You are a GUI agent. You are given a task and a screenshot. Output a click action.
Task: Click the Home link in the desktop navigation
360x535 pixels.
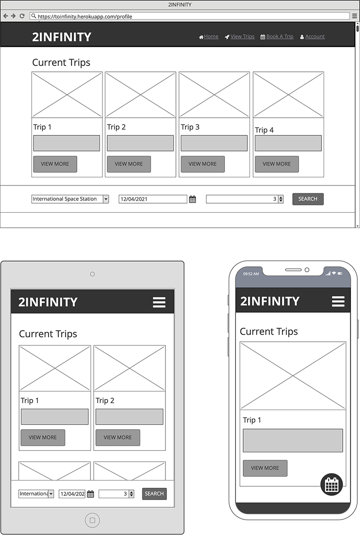click(209, 37)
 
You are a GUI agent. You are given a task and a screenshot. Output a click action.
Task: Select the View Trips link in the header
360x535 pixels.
click(240, 37)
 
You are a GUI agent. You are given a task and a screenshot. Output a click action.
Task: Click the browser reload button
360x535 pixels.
click(22, 16)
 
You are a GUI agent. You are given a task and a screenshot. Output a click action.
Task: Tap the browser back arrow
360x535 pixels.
click(5, 16)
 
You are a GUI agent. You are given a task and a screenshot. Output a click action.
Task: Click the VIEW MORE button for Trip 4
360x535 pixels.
click(276, 164)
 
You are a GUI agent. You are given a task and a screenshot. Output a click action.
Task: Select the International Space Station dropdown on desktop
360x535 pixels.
click(70, 199)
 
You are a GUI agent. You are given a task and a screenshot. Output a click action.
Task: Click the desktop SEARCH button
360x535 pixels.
click(308, 199)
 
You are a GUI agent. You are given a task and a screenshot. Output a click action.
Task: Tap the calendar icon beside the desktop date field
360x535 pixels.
click(192, 199)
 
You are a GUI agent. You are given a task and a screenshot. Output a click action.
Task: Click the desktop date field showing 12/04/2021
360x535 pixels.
click(153, 199)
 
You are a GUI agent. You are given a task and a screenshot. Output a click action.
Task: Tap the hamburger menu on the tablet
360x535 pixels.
click(159, 302)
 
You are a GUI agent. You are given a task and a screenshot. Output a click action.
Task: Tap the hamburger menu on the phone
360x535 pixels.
click(338, 301)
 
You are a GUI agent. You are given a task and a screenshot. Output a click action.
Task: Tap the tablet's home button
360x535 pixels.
click(92, 520)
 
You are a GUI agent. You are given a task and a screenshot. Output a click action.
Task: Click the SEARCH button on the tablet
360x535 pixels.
click(154, 494)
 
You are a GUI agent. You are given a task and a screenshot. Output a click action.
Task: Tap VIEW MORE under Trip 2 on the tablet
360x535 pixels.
click(117, 438)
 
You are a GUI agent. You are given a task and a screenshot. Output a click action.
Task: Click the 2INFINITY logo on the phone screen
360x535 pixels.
click(270, 301)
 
